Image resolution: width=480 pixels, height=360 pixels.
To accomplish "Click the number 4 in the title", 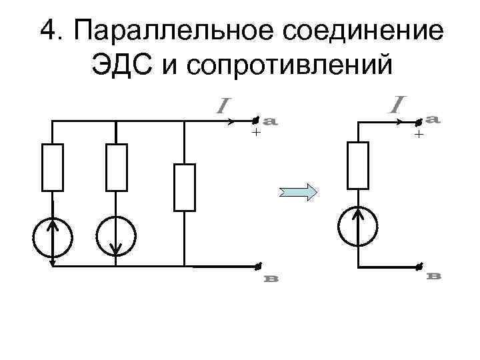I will click(49, 30).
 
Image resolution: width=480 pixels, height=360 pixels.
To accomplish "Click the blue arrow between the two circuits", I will click(297, 192).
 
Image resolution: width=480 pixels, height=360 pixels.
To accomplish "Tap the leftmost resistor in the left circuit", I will click(53, 167).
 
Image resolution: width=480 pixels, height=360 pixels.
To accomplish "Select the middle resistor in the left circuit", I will click(116, 167).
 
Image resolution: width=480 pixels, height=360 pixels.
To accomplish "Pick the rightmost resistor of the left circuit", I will click(183, 187).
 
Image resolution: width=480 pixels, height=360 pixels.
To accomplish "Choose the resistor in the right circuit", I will click(357, 165).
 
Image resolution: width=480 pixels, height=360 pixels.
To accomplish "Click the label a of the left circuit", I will click(271, 121).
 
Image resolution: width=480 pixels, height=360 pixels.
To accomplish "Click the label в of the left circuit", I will click(271, 279).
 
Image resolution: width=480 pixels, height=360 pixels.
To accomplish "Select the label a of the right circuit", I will click(433, 119).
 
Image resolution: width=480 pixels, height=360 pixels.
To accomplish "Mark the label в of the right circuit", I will click(433, 275).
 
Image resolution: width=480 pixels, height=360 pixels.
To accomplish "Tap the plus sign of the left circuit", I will click(255, 133).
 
